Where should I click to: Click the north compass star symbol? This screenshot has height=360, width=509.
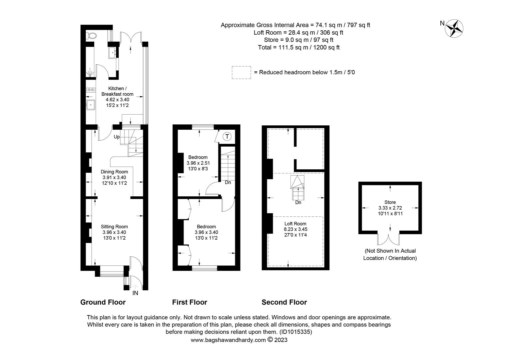pyautogui.click(x=454, y=28)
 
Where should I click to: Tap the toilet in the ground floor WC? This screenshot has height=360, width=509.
pyautogui.click(x=92, y=35)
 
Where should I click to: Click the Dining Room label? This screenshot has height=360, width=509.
pyautogui.click(x=114, y=172)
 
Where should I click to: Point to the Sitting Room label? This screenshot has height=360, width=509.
pyautogui.click(x=114, y=227)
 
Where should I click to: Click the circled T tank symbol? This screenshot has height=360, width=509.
pyautogui.click(x=227, y=136)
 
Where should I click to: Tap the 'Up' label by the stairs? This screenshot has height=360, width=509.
pyautogui.click(x=117, y=137)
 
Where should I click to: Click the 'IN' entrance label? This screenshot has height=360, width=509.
pyautogui.click(x=135, y=293)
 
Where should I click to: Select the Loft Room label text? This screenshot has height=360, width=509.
pyautogui.click(x=295, y=224)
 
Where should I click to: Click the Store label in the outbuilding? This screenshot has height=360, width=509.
pyautogui.click(x=390, y=202)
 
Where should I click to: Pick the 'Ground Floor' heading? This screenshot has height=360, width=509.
pyautogui.click(x=103, y=302)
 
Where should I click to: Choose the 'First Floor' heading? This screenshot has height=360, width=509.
pyautogui.click(x=190, y=302)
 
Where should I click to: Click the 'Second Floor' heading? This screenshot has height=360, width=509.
pyautogui.click(x=284, y=302)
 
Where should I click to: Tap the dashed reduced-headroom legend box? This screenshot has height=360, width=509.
pyautogui.click(x=242, y=72)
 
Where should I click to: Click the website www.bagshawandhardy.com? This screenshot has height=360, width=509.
pyautogui.click(x=228, y=340)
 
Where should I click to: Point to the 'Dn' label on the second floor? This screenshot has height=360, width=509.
pyautogui.click(x=298, y=202)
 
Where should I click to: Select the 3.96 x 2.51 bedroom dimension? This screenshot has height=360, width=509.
pyautogui.click(x=198, y=163)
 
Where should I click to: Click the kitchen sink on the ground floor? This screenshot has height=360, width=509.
pyautogui.click(x=91, y=105)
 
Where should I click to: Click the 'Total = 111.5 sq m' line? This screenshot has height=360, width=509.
pyautogui.click(x=298, y=47)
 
